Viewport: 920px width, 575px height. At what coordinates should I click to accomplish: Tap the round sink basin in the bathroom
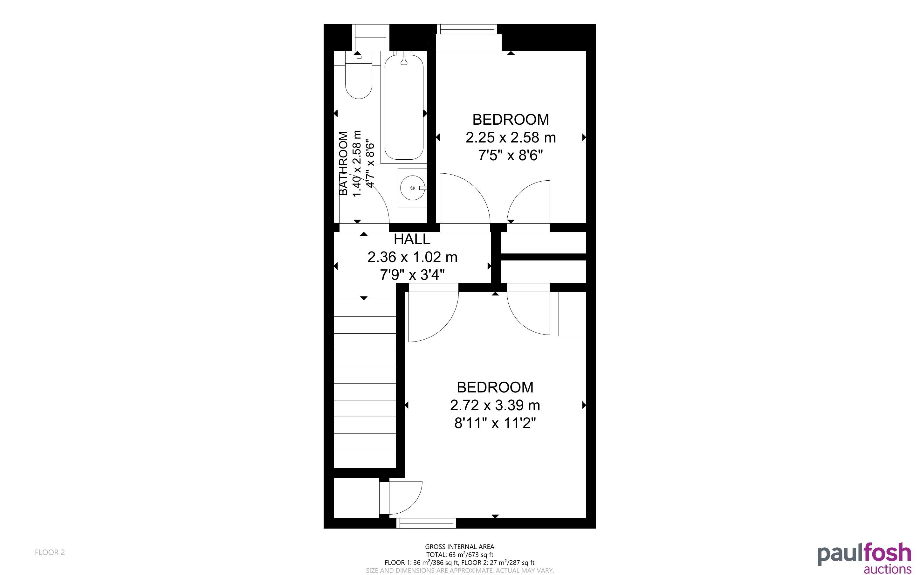click(x=412, y=188)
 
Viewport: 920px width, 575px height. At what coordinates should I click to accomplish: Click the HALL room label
click(x=412, y=239)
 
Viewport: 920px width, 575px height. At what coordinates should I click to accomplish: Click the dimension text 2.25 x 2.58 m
click(x=511, y=138)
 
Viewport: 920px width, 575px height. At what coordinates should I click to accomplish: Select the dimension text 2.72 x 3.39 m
click(x=495, y=405)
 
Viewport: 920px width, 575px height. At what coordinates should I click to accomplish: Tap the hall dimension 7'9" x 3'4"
click(x=412, y=274)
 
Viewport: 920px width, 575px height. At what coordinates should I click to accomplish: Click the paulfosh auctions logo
click(x=864, y=558)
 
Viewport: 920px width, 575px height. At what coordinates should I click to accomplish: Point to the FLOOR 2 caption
click(x=50, y=552)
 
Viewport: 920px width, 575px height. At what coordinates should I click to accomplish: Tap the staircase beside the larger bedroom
click(x=365, y=384)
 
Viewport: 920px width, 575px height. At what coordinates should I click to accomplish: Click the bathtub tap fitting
click(x=404, y=60)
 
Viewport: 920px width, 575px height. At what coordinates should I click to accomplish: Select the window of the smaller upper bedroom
click(x=467, y=29)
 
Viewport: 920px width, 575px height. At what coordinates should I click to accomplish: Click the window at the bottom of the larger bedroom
click(x=426, y=523)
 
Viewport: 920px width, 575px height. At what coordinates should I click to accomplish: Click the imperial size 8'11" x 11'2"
click(x=495, y=423)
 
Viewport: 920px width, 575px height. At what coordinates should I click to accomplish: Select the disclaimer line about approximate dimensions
click(x=460, y=571)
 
